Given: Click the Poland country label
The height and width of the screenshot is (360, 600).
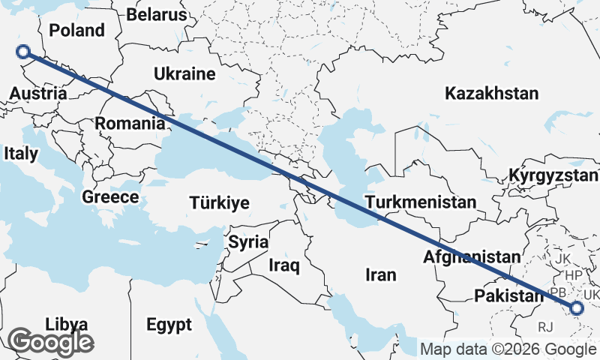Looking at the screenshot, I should tap(76, 31).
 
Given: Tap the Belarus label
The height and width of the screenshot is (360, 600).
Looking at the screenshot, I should tap(156, 14).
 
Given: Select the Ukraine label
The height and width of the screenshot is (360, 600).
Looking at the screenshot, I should tap(184, 73).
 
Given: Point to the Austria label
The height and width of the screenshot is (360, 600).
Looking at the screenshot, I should tap(38, 94).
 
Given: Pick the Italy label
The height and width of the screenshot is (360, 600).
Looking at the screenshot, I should tap(20, 153).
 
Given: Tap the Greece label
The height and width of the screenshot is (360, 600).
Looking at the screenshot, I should tap(110, 197).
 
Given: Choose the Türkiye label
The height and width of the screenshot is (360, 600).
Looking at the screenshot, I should tap(220, 203).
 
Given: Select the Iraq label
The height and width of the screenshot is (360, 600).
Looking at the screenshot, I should tap(284, 265).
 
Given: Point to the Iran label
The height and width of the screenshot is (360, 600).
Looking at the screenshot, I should tap(380, 275).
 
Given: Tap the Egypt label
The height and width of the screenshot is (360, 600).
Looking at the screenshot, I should tap(169, 325).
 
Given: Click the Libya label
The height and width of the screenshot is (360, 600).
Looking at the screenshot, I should tap(67, 324).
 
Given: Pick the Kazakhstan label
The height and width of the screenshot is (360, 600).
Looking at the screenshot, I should tap(491, 94).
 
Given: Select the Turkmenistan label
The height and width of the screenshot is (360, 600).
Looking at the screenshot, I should tap(420, 202).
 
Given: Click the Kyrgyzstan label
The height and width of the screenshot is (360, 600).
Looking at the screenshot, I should tap(553, 175).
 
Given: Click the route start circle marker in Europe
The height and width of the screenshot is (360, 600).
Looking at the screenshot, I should tap(23, 52).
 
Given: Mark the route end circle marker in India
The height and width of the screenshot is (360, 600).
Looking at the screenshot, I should tap(576, 307).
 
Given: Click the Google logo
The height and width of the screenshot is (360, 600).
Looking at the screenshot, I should tap(51, 342).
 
